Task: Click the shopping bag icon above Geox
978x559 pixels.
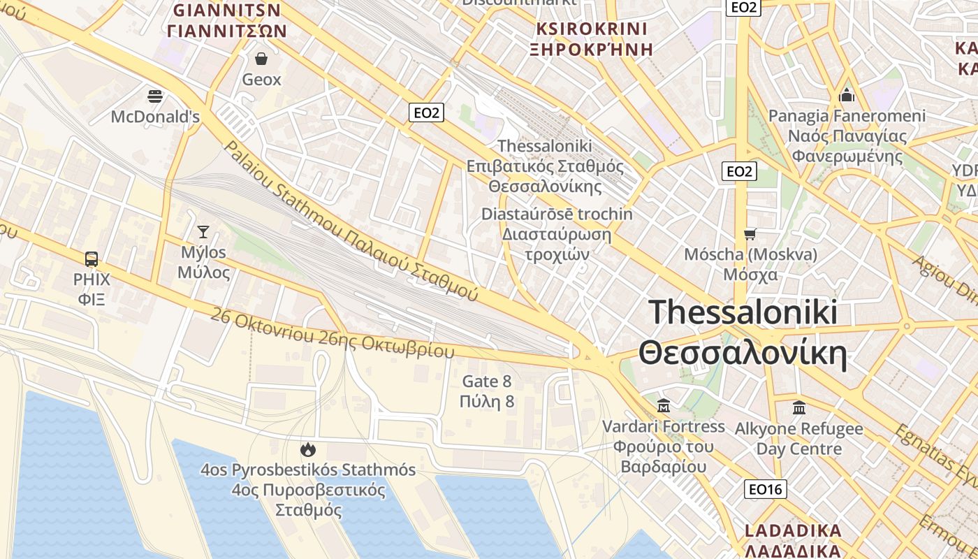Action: (261, 58)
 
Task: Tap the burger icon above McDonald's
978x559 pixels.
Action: (155, 96)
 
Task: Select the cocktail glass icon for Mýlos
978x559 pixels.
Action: (203, 231)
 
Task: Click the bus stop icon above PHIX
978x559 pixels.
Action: (92, 259)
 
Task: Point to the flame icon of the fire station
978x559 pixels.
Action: (307, 449)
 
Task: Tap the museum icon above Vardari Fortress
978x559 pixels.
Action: (663, 405)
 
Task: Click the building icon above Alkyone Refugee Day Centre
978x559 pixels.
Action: (799, 407)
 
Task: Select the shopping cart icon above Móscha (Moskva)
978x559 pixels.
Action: (750, 234)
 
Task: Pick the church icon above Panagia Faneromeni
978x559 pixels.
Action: (847, 94)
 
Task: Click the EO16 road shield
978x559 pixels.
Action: (766, 489)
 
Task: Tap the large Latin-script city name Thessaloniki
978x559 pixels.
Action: (743, 312)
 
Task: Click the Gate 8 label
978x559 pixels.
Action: (487, 382)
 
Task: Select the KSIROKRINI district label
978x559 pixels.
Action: (591, 29)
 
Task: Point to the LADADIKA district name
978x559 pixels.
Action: (793, 530)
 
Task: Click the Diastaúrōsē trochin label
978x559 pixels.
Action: (557, 214)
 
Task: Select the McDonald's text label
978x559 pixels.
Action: (155, 117)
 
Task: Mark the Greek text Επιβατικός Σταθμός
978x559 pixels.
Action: (545, 166)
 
